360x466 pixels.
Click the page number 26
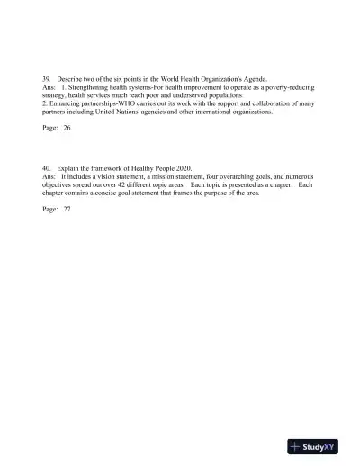click(67, 129)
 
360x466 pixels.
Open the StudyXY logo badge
click(313, 446)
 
